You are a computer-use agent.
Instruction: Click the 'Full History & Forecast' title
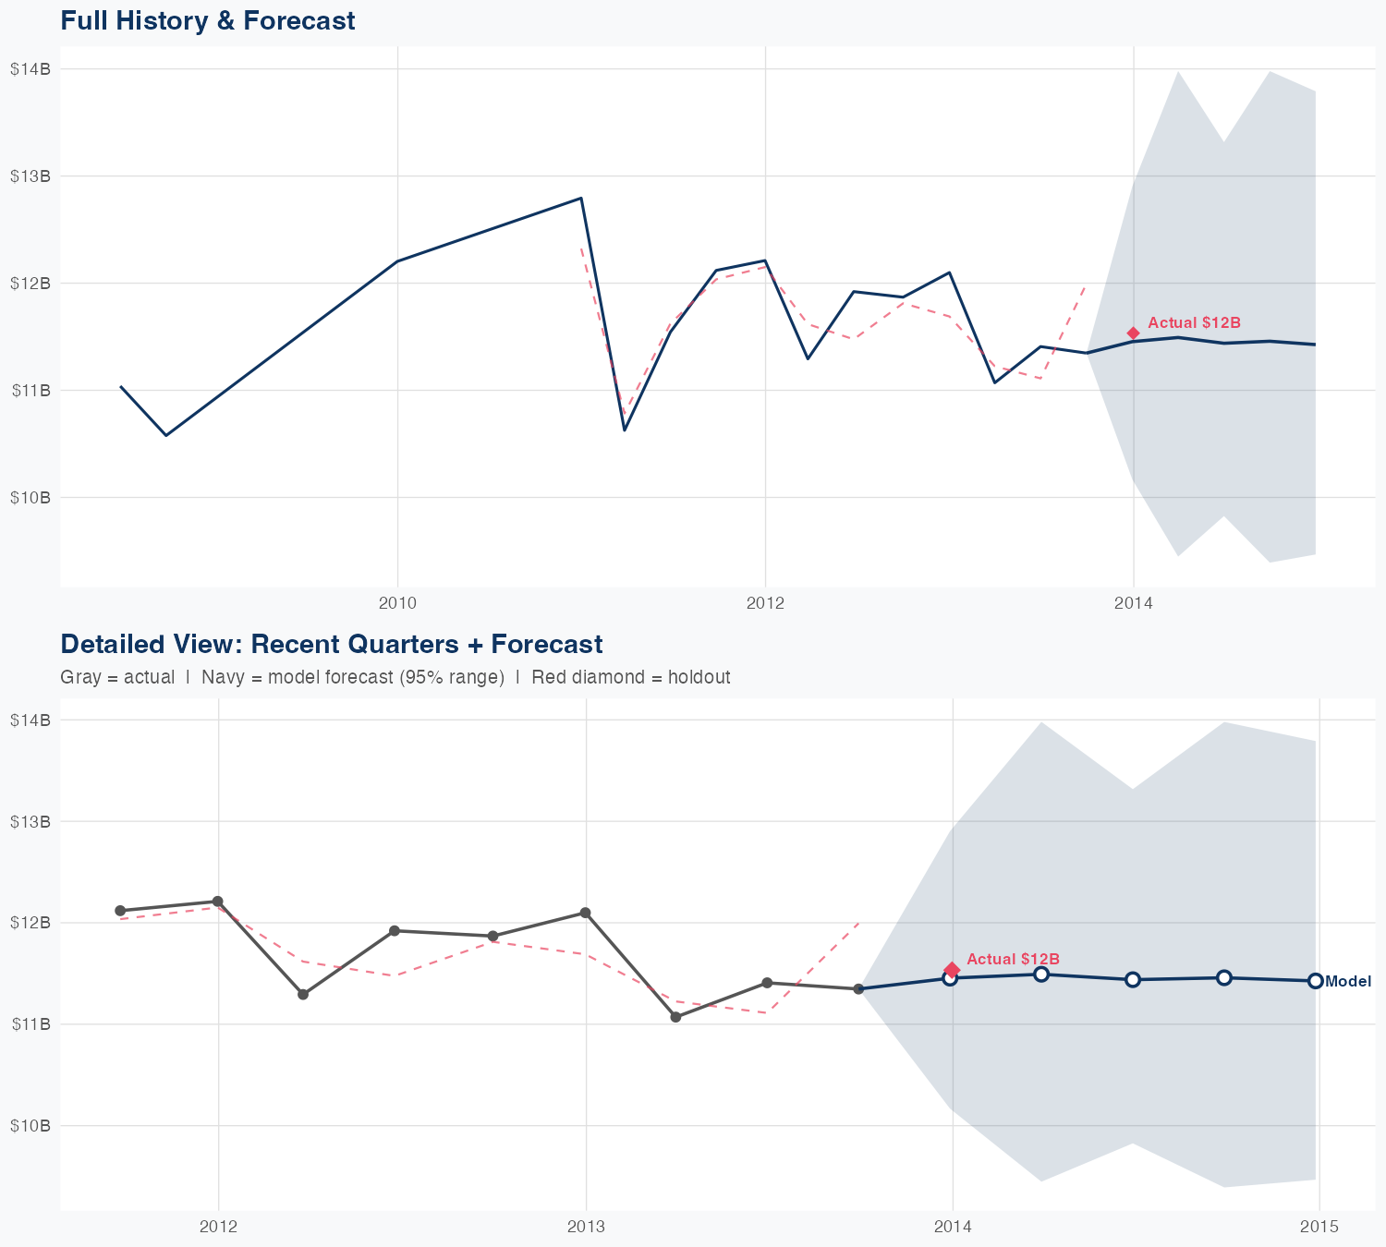(x=207, y=21)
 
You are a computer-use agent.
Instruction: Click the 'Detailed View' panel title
(x=331, y=645)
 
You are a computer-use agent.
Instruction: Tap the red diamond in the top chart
(x=1133, y=333)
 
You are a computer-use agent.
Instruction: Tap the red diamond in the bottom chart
(x=952, y=970)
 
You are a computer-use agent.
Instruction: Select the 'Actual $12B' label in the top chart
(x=1194, y=323)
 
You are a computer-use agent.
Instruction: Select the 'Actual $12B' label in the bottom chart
(x=1013, y=960)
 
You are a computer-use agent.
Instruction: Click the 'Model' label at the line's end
(x=1348, y=982)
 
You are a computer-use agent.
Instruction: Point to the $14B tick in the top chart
(x=30, y=69)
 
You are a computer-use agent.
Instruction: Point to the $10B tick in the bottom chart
(x=30, y=1126)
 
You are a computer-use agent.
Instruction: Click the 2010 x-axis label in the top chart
(x=397, y=604)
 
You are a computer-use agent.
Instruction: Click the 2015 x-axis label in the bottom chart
(x=1319, y=1227)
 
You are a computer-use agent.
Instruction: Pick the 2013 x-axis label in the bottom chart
(x=585, y=1227)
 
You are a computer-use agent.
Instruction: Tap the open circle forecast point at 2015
(x=1315, y=981)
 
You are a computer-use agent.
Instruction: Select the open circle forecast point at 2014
(x=950, y=978)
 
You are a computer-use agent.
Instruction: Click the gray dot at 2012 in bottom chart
(x=217, y=902)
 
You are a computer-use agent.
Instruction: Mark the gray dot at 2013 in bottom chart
(x=585, y=914)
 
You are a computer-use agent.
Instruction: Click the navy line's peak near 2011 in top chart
(x=580, y=198)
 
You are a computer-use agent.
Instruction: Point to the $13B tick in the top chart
(x=30, y=176)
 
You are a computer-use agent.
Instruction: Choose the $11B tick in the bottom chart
(x=30, y=1024)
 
